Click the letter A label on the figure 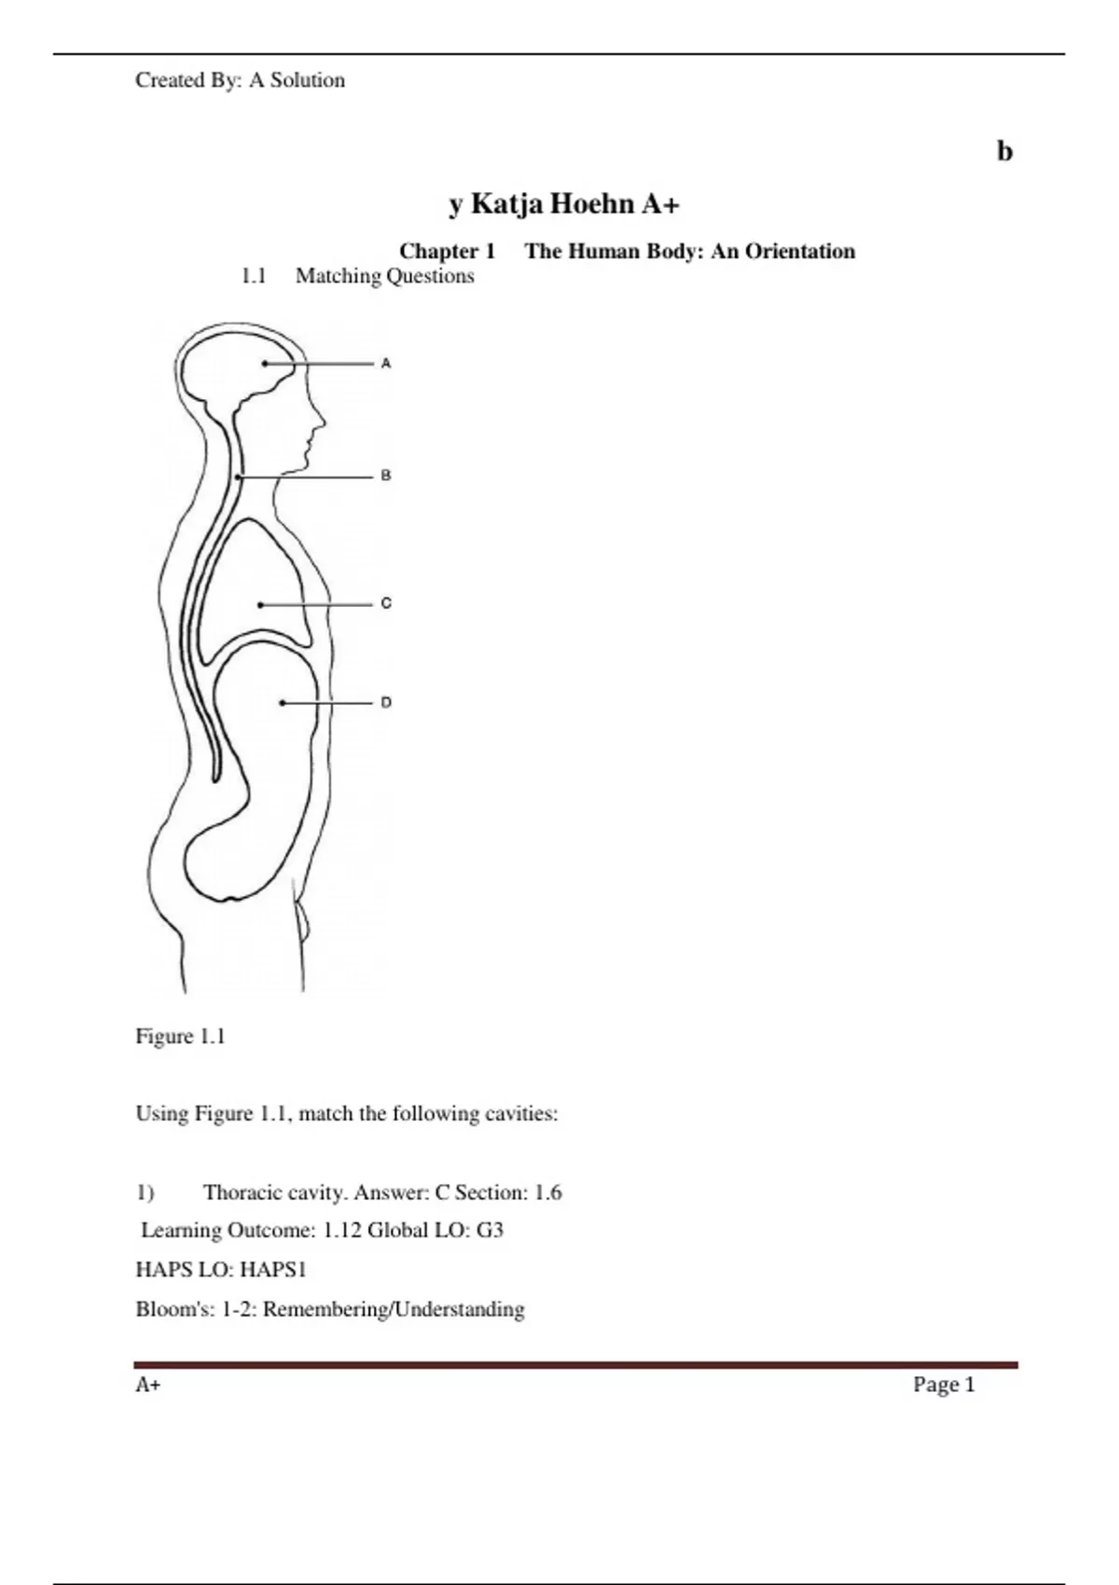pyautogui.click(x=386, y=363)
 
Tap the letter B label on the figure pyautogui.click(x=386, y=475)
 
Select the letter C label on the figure pyautogui.click(x=386, y=603)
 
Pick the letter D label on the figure pyautogui.click(x=386, y=702)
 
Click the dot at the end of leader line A pyautogui.click(x=265, y=364)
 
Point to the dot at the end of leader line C pyautogui.click(x=261, y=605)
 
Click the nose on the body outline pyautogui.click(x=321, y=420)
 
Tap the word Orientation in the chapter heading pyautogui.click(x=799, y=251)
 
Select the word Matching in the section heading pyautogui.click(x=338, y=276)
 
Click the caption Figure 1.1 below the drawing pyautogui.click(x=181, y=1036)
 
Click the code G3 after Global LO pyautogui.click(x=490, y=1230)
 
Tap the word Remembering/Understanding pyautogui.click(x=394, y=1309)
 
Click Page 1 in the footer pyautogui.click(x=944, y=1385)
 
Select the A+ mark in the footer pyautogui.click(x=147, y=1385)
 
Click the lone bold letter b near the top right pyautogui.click(x=1004, y=151)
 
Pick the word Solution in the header pyautogui.click(x=308, y=80)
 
